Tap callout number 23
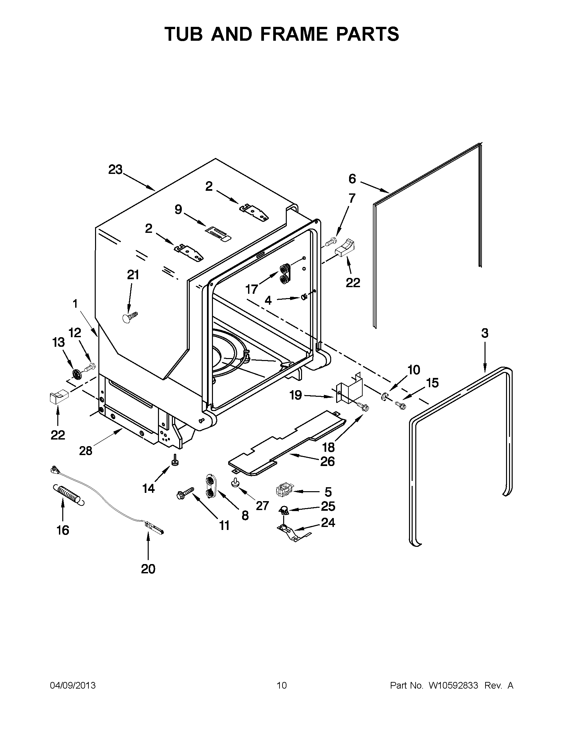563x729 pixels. click(116, 170)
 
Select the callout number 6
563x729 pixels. click(352, 179)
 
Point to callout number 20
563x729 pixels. click(148, 569)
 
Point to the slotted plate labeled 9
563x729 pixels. click(217, 232)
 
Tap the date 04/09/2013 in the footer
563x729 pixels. click(73, 686)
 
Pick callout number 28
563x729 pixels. click(85, 451)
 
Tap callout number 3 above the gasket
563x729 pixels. click(485, 333)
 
